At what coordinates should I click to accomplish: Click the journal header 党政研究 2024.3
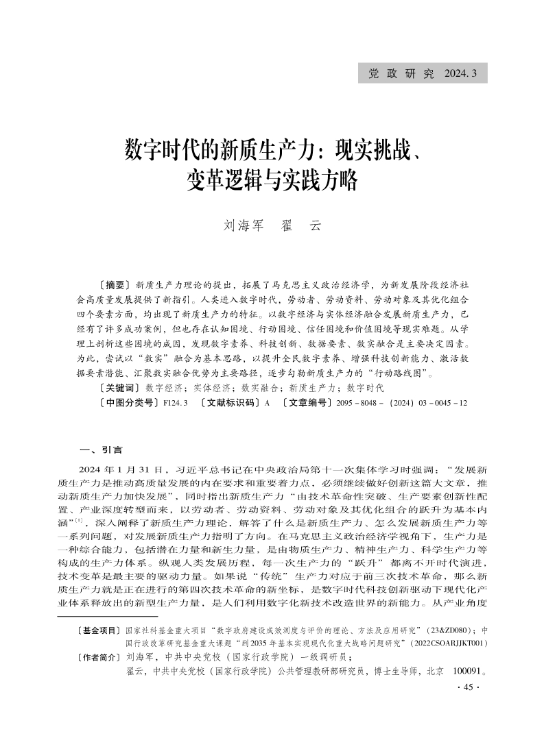click(422, 73)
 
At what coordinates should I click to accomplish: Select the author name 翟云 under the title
click(301, 225)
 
